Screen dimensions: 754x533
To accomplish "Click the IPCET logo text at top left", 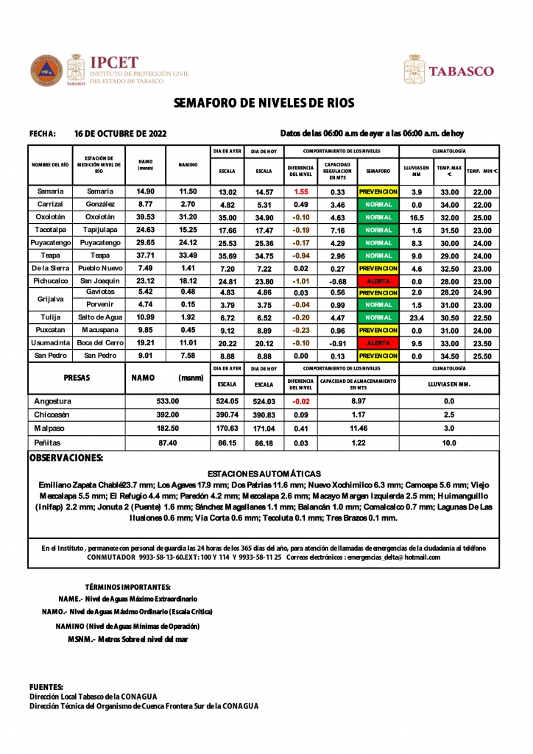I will pos(113,63).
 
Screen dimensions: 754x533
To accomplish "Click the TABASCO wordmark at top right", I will pos(461,71).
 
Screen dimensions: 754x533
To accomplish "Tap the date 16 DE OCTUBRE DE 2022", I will pos(121,134).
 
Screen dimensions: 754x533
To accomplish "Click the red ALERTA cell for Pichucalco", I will pos(378,281).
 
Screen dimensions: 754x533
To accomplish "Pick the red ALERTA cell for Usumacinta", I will pos(378,343).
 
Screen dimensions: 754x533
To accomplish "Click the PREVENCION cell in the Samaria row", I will pos(378,191).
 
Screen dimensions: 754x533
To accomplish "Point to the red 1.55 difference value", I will pos(300,191).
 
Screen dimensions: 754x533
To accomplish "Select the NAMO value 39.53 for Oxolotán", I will pos(145,217).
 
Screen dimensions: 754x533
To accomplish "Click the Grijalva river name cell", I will pos(50,298).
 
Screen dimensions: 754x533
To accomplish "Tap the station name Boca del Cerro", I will pos(100,343).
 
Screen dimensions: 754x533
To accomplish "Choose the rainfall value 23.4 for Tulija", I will pos(416,317).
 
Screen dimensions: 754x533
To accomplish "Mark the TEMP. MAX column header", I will pos(449,171).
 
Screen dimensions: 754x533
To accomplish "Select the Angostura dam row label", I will pos(53,401).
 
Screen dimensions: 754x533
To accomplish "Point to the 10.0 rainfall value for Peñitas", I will pos(449,443).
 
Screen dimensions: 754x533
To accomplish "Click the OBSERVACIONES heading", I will pos(66,458).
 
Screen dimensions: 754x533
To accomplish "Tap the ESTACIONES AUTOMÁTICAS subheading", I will pos(264,473).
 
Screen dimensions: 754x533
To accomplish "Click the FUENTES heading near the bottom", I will pos(46,687).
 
